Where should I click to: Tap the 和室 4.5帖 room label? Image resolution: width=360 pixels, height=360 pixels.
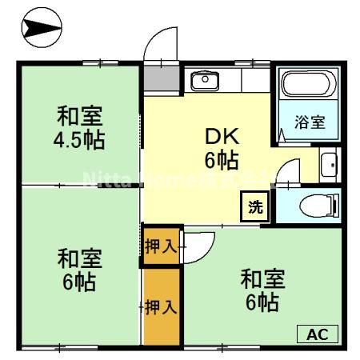80,128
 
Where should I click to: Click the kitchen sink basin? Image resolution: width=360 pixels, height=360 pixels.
204,79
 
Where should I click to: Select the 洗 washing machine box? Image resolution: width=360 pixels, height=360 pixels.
255,207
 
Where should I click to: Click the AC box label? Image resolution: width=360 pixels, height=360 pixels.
318,334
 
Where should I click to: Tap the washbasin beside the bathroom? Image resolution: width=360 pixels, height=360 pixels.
329,166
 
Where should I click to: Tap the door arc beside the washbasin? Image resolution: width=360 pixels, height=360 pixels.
290,171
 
